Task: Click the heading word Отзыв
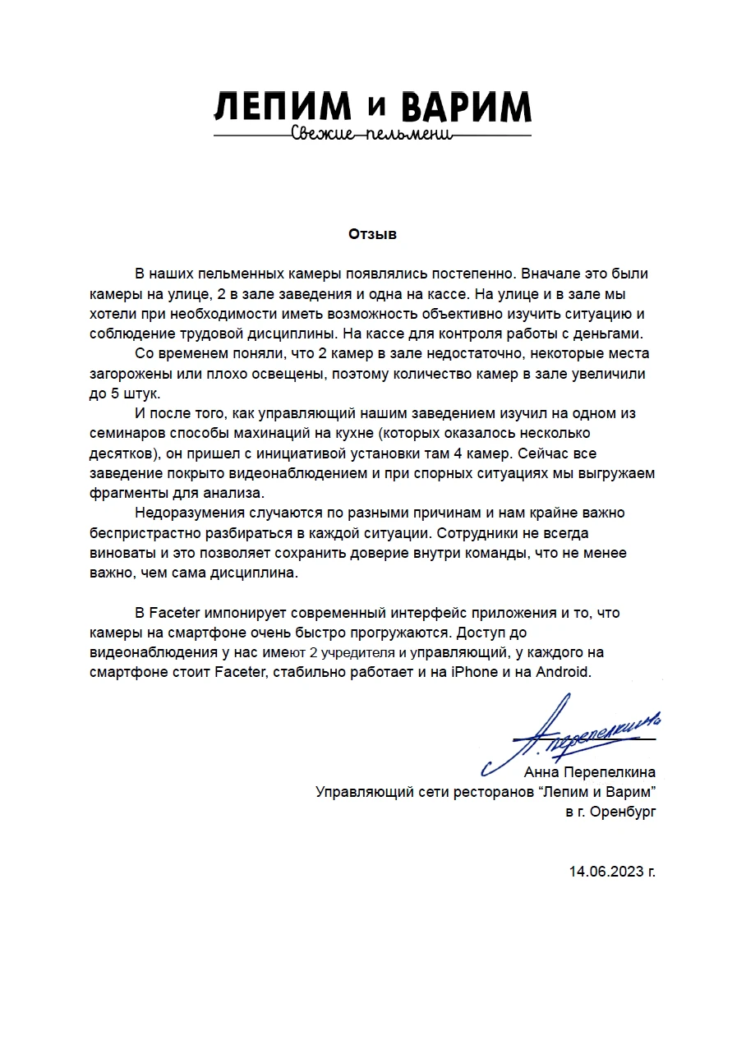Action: [x=372, y=234]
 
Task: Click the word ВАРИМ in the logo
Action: [x=466, y=108]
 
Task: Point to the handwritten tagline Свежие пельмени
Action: [x=372, y=134]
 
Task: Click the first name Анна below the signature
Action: [x=542, y=772]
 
